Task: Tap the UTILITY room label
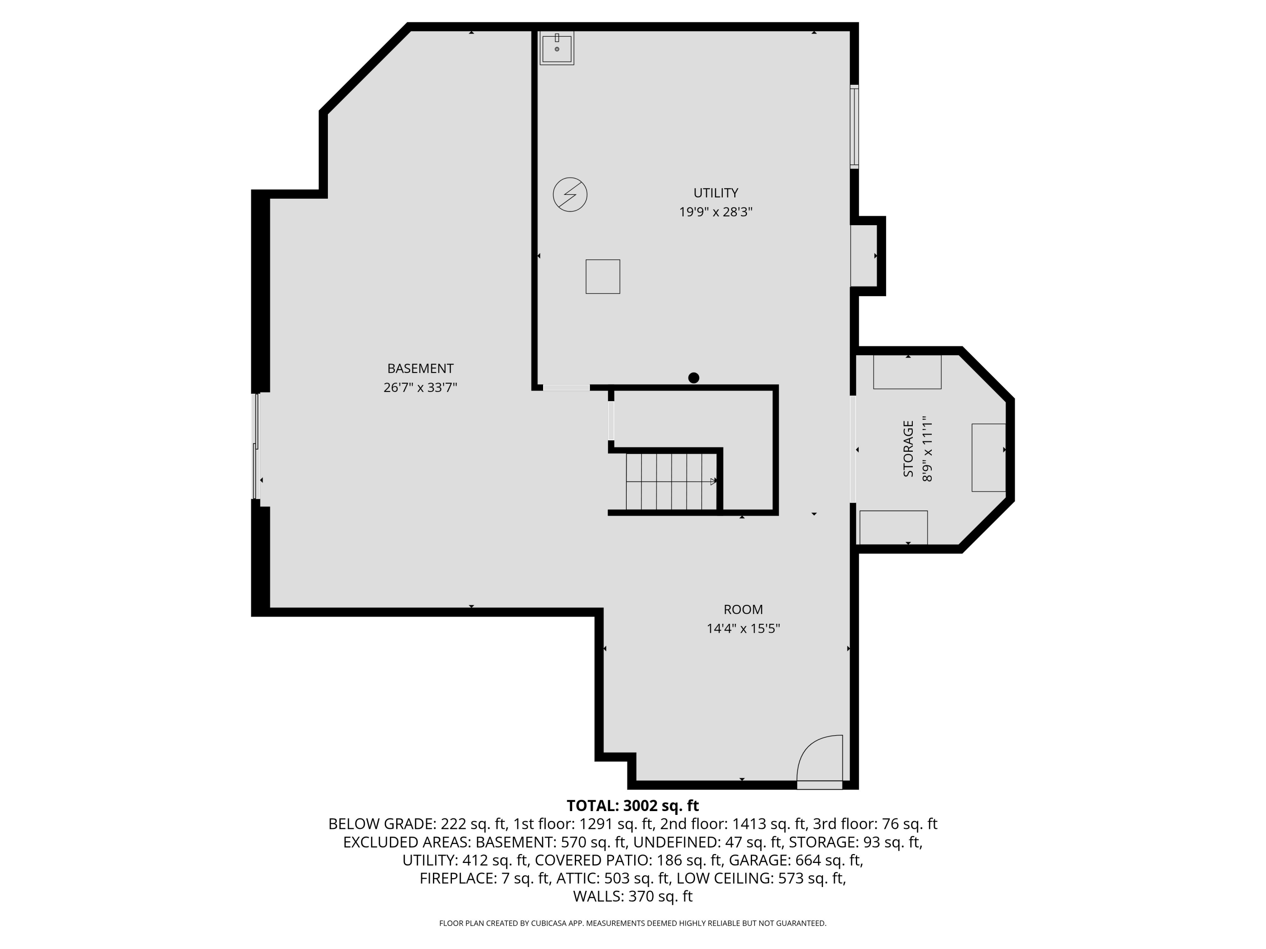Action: coord(715,193)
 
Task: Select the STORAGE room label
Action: coord(908,449)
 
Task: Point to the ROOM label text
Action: coord(743,610)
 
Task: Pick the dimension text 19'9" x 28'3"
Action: coord(715,212)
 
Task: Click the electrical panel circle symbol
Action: coord(570,194)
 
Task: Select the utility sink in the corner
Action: coord(557,48)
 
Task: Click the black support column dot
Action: coord(694,377)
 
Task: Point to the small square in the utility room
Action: coord(603,277)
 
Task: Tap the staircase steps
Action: coord(671,481)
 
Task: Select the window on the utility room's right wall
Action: coord(854,127)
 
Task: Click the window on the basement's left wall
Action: coord(257,446)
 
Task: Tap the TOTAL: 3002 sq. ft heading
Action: coord(633,806)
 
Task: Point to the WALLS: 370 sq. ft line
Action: coord(633,896)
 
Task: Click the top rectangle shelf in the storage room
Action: coord(907,372)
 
